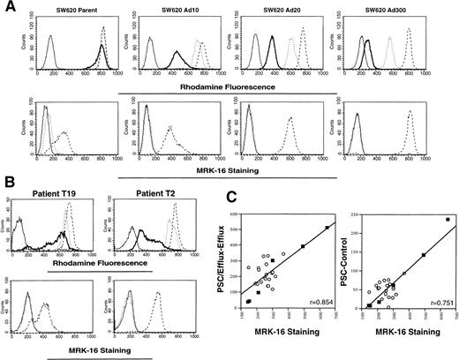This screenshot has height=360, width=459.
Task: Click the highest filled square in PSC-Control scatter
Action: (x=448, y=220)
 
